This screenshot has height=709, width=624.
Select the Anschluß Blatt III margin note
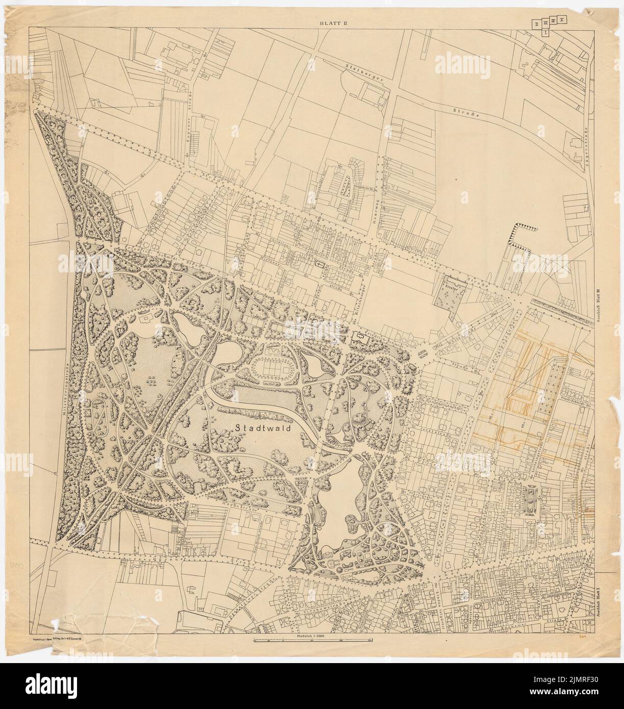[x=601, y=301]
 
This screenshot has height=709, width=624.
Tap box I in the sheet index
[x=545, y=32]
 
